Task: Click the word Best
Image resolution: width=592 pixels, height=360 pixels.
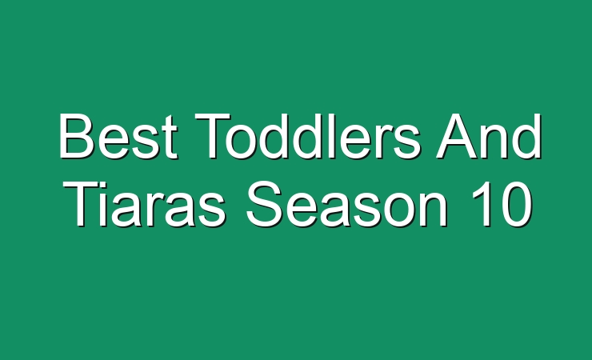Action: coord(118,136)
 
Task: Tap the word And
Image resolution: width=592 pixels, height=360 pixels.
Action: coord(489,136)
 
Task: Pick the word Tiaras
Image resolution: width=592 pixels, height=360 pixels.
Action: coord(146,204)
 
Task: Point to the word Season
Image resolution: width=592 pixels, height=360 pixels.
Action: coord(347,204)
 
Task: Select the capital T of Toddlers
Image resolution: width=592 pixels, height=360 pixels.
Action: coord(213,135)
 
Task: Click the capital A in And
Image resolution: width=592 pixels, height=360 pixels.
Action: coord(457,135)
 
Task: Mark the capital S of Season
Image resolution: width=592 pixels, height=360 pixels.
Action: coord(264,204)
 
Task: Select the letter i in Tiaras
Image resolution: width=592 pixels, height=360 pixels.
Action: coord(107,204)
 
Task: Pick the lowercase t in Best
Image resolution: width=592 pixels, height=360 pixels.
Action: coord(170,138)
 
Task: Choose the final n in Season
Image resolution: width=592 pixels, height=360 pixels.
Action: coord(434,210)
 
